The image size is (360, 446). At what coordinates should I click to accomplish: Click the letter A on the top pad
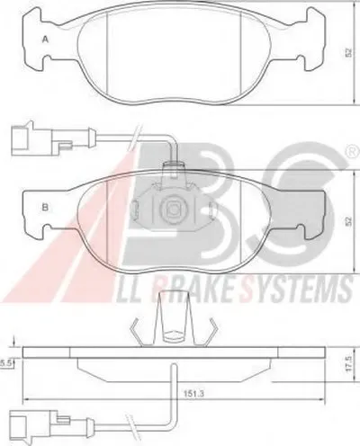pyautogui.click(x=45, y=40)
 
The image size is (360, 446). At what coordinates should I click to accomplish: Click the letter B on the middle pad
pyautogui.click(x=45, y=207)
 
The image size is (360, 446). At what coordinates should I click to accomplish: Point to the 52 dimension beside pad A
pyautogui.click(x=348, y=53)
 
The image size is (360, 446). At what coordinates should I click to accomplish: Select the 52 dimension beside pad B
pyautogui.click(x=348, y=221)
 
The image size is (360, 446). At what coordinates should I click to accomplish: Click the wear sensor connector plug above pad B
pyautogui.click(x=38, y=138)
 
